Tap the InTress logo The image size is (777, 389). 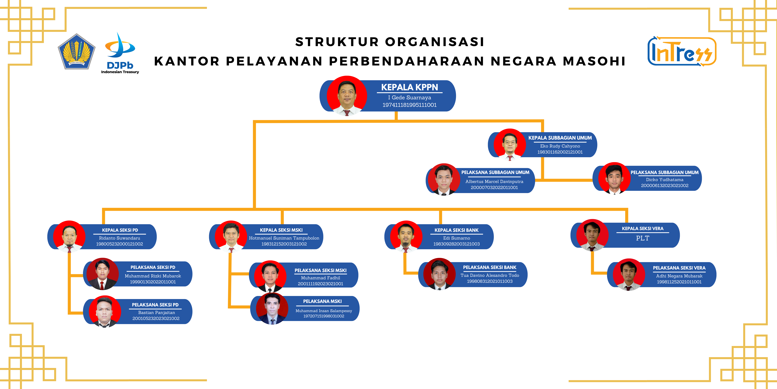pyautogui.click(x=682, y=51)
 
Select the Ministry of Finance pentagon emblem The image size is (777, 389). pyautogui.click(x=77, y=51)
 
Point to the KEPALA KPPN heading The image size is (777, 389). pyautogui.click(x=410, y=87)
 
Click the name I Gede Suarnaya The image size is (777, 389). pyautogui.click(x=410, y=98)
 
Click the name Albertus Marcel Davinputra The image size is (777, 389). pyautogui.click(x=494, y=182)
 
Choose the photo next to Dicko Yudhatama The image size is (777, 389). pyautogui.click(x=614, y=178)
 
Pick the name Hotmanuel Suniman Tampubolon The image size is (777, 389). pyautogui.click(x=284, y=238)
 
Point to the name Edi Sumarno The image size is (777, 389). pyautogui.click(x=457, y=238)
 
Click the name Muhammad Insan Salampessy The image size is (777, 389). pyautogui.click(x=324, y=311)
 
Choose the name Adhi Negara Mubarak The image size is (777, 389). pyautogui.click(x=679, y=276)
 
